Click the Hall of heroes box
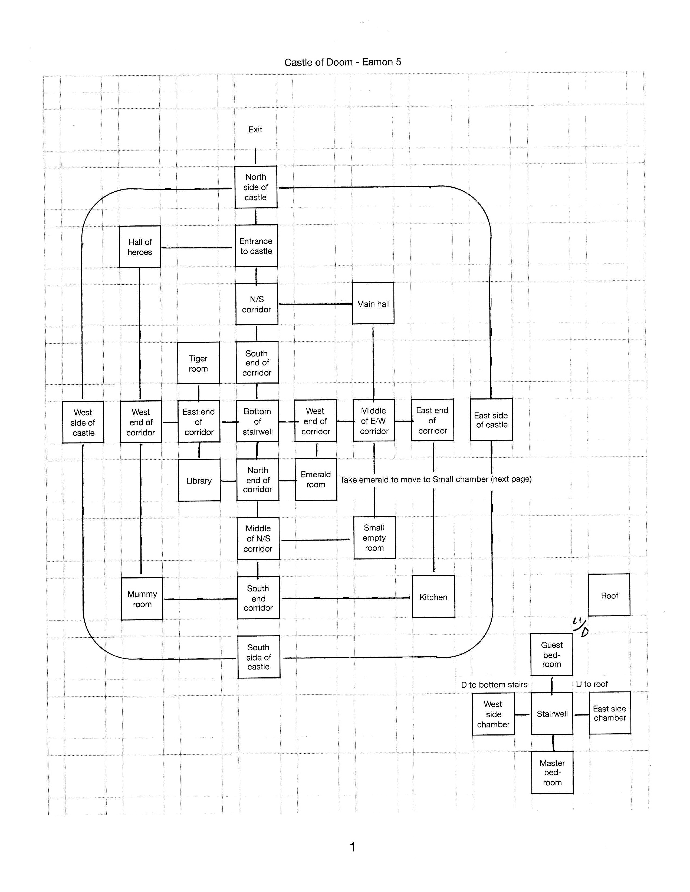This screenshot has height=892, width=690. (140, 247)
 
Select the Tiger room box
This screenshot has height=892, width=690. (199, 363)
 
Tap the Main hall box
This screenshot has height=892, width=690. (373, 303)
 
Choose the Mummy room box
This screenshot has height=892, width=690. (142, 599)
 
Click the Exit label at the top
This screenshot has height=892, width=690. (255, 129)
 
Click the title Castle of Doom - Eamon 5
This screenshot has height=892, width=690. (343, 62)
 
